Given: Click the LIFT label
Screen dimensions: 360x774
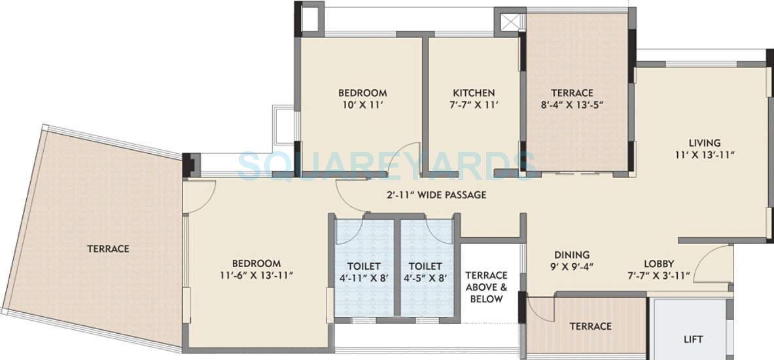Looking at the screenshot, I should (x=693, y=339).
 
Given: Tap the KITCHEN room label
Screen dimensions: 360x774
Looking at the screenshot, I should (x=474, y=93).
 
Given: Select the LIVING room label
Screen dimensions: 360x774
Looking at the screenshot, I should (x=704, y=143).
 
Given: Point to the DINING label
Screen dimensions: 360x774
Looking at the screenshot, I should (x=572, y=255).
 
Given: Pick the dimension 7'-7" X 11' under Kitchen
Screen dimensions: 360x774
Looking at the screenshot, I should (x=474, y=105).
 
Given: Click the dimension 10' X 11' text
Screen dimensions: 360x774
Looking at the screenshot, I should (x=362, y=105).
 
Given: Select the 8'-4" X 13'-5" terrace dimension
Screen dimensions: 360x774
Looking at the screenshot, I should (x=572, y=105).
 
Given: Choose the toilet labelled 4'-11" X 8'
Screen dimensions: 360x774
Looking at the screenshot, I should (x=364, y=272).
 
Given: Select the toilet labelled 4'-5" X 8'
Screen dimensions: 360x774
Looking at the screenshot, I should (x=425, y=272).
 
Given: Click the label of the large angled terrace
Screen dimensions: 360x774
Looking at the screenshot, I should (x=108, y=249).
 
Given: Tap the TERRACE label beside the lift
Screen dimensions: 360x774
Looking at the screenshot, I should (x=590, y=326).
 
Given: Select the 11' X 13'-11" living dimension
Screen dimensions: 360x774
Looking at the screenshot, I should (x=704, y=154).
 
